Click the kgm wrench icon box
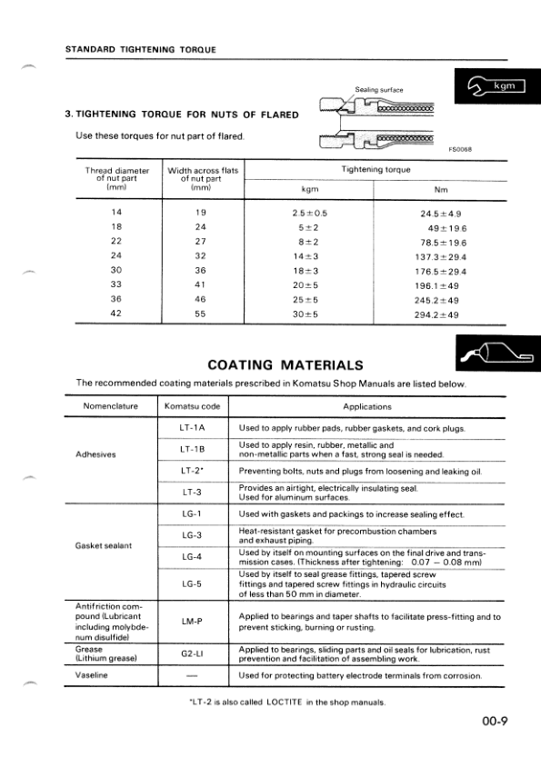pyautogui.click(x=496, y=86)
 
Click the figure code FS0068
pyautogui.click(x=461, y=150)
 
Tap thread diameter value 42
pyautogui.click(x=116, y=314)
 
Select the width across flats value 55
pyautogui.click(x=202, y=314)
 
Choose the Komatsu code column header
pyautogui.click(x=192, y=406)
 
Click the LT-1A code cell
pyautogui.click(x=192, y=427)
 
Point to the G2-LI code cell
pyautogui.click(x=192, y=653)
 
